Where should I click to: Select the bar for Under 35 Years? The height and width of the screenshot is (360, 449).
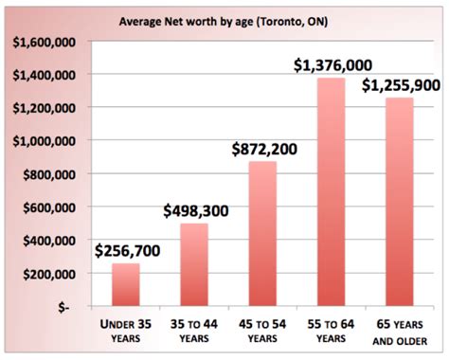[125, 285]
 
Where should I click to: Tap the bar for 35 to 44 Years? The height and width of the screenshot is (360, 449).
[193, 265]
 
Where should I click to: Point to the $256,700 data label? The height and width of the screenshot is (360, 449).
[126, 251]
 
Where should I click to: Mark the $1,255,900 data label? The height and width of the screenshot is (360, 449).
[400, 85]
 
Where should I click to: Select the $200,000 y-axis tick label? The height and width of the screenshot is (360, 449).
[46, 274]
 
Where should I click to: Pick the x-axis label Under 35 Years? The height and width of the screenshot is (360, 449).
[125, 333]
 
